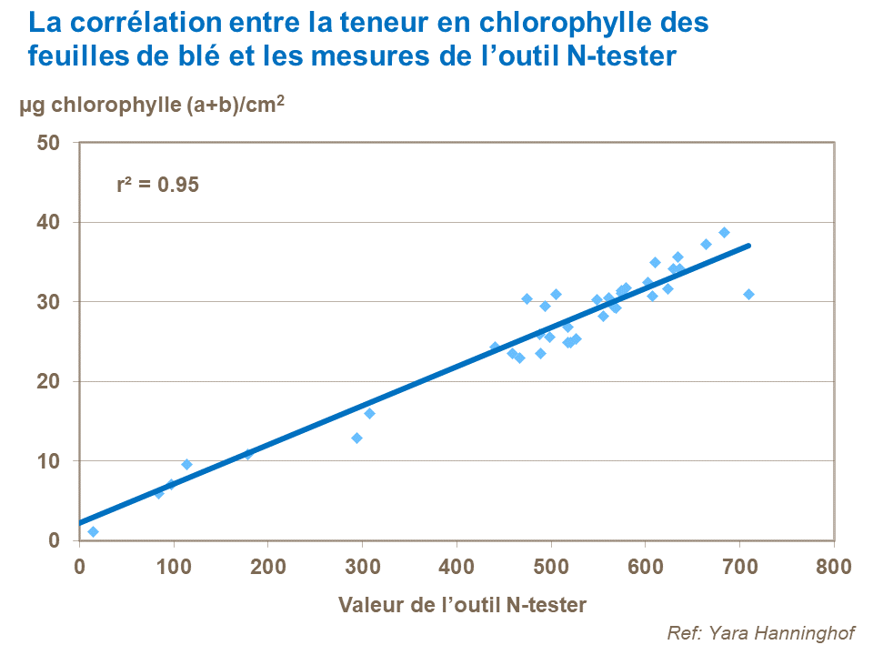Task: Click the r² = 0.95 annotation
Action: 157,184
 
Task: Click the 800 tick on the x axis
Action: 833,567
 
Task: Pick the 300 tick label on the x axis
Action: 362,567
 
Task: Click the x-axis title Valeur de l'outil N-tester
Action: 462,605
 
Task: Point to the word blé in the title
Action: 222,56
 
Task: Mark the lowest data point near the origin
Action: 93,531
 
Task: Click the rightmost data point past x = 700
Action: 748,294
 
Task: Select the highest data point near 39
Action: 724,232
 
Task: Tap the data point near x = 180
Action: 247,453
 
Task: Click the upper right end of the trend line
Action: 748,245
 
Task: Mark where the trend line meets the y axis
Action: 80,523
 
